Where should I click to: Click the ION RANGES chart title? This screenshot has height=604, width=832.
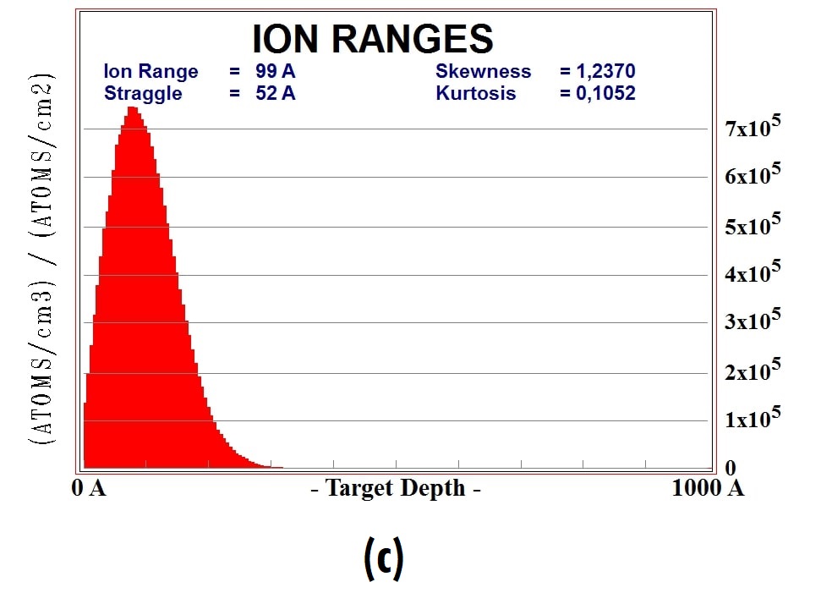click(372, 39)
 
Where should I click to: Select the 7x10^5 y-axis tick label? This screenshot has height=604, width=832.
click(752, 129)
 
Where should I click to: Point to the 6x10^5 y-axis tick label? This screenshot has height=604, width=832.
click(752, 176)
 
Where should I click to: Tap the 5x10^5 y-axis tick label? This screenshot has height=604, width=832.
click(752, 225)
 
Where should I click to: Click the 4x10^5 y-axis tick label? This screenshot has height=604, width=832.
click(752, 273)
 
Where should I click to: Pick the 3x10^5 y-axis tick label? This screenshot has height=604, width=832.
click(752, 321)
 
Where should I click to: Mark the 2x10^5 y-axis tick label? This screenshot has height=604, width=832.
click(752, 370)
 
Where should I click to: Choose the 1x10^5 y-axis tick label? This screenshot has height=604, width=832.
click(752, 418)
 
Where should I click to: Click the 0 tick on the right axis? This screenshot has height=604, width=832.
click(730, 468)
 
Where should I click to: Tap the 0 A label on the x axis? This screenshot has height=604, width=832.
click(89, 489)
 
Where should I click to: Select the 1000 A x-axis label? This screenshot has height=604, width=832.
click(708, 489)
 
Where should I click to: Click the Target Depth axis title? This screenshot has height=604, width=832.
click(396, 489)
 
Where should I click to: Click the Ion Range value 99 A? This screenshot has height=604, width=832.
click(276, 72)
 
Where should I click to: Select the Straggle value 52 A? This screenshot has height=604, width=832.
click(276, 93)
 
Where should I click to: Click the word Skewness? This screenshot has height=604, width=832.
click(483, 72)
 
